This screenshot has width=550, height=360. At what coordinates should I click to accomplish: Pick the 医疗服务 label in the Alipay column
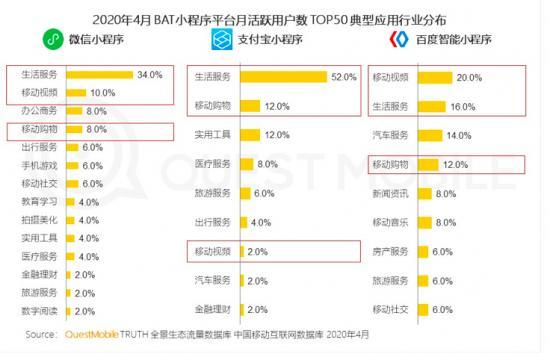212,163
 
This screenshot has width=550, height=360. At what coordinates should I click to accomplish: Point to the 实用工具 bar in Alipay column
250,134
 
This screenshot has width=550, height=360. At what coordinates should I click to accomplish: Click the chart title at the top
274,15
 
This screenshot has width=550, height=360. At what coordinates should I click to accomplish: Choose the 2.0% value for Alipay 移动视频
258,252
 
